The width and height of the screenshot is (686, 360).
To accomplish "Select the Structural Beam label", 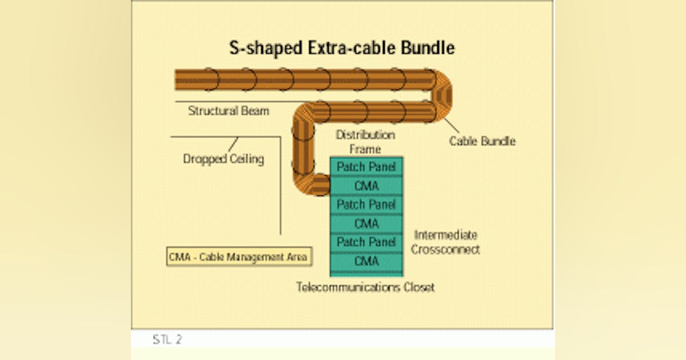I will [x=228, y=111].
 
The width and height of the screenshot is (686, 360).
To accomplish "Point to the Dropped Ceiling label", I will [x=223, y=159].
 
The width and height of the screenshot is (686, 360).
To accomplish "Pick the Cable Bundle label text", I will [x=481, y=141].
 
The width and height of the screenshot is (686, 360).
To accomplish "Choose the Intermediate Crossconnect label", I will [x=445, y=242].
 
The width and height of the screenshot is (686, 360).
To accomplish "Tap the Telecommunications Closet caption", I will [x=365, y=287].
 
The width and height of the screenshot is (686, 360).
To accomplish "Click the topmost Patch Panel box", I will [x=366, y=167].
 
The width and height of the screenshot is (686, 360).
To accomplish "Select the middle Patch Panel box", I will [x=366, y=205].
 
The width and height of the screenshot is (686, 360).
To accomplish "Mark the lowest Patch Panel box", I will [x=366, y=242].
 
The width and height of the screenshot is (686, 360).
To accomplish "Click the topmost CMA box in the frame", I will [x=366, y=186].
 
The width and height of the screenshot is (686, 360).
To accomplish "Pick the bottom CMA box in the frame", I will [x=366, y=261].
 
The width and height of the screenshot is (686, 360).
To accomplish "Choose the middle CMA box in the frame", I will [x=366, y=223].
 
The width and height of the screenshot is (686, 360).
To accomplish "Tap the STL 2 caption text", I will [x=167, y=339].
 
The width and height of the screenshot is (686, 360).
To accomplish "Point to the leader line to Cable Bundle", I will [x=450, y=126].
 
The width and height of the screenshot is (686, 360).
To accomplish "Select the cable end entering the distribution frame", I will [x=320, y=186].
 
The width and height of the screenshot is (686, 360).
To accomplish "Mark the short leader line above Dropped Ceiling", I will [x=234, y=145].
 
